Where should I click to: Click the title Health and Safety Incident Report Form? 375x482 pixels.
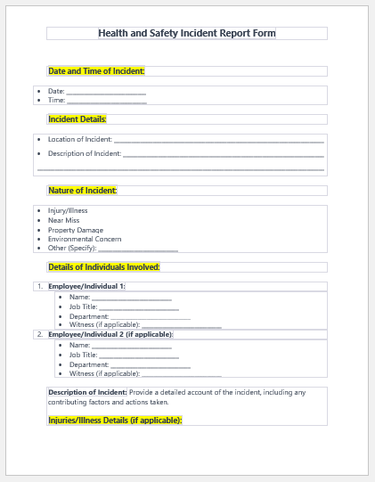tap(187, 33)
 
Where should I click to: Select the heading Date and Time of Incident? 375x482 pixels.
tap(96, 71)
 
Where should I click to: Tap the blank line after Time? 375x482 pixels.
tap(106, 101)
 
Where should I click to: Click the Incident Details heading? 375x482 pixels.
tap(77, 119)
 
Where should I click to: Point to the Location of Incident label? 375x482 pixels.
tap(80, 139)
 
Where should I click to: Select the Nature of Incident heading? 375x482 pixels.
tap(83, 191)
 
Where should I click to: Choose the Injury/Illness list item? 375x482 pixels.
tap(68, 211)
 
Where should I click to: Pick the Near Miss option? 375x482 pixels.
tap(63, 220)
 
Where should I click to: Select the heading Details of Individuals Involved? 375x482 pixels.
tap(104, 267)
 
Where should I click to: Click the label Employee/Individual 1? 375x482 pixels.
tap(86, 286)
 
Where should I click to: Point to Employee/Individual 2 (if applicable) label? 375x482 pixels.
tap(110, 334)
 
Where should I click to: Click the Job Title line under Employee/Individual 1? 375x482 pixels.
tap(139, 307)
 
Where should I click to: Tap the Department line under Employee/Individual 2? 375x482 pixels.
tap(150, 364)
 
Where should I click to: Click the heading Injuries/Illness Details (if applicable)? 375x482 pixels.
tap(115, 420)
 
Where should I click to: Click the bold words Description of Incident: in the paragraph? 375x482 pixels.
tap(87, 392)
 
